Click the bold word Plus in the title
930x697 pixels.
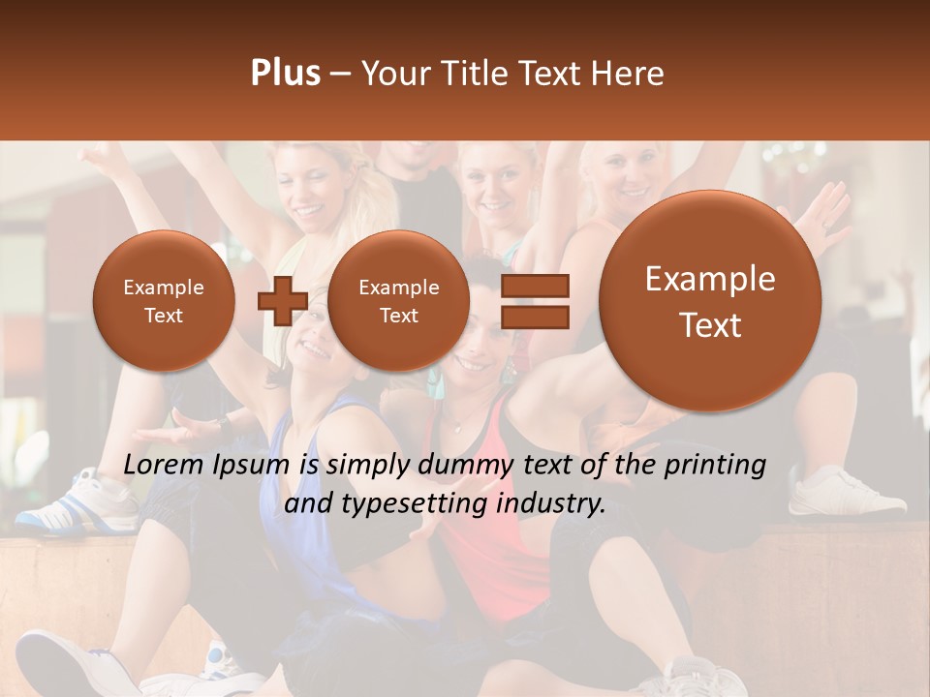(x=285, y=74)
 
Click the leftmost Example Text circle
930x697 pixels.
(x=164, y=301)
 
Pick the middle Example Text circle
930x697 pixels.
(x=399, y=301)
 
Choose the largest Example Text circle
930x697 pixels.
(x=710, y=301)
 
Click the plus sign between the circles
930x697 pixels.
(x=282, y=301)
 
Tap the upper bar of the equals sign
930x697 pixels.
(x=535, y=286)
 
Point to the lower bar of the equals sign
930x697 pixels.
(x=535, y=317)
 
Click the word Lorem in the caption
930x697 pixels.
(x=164, y=465)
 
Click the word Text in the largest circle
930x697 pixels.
(x=710, y=325)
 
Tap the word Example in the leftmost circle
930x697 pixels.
(x=164, y=288)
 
